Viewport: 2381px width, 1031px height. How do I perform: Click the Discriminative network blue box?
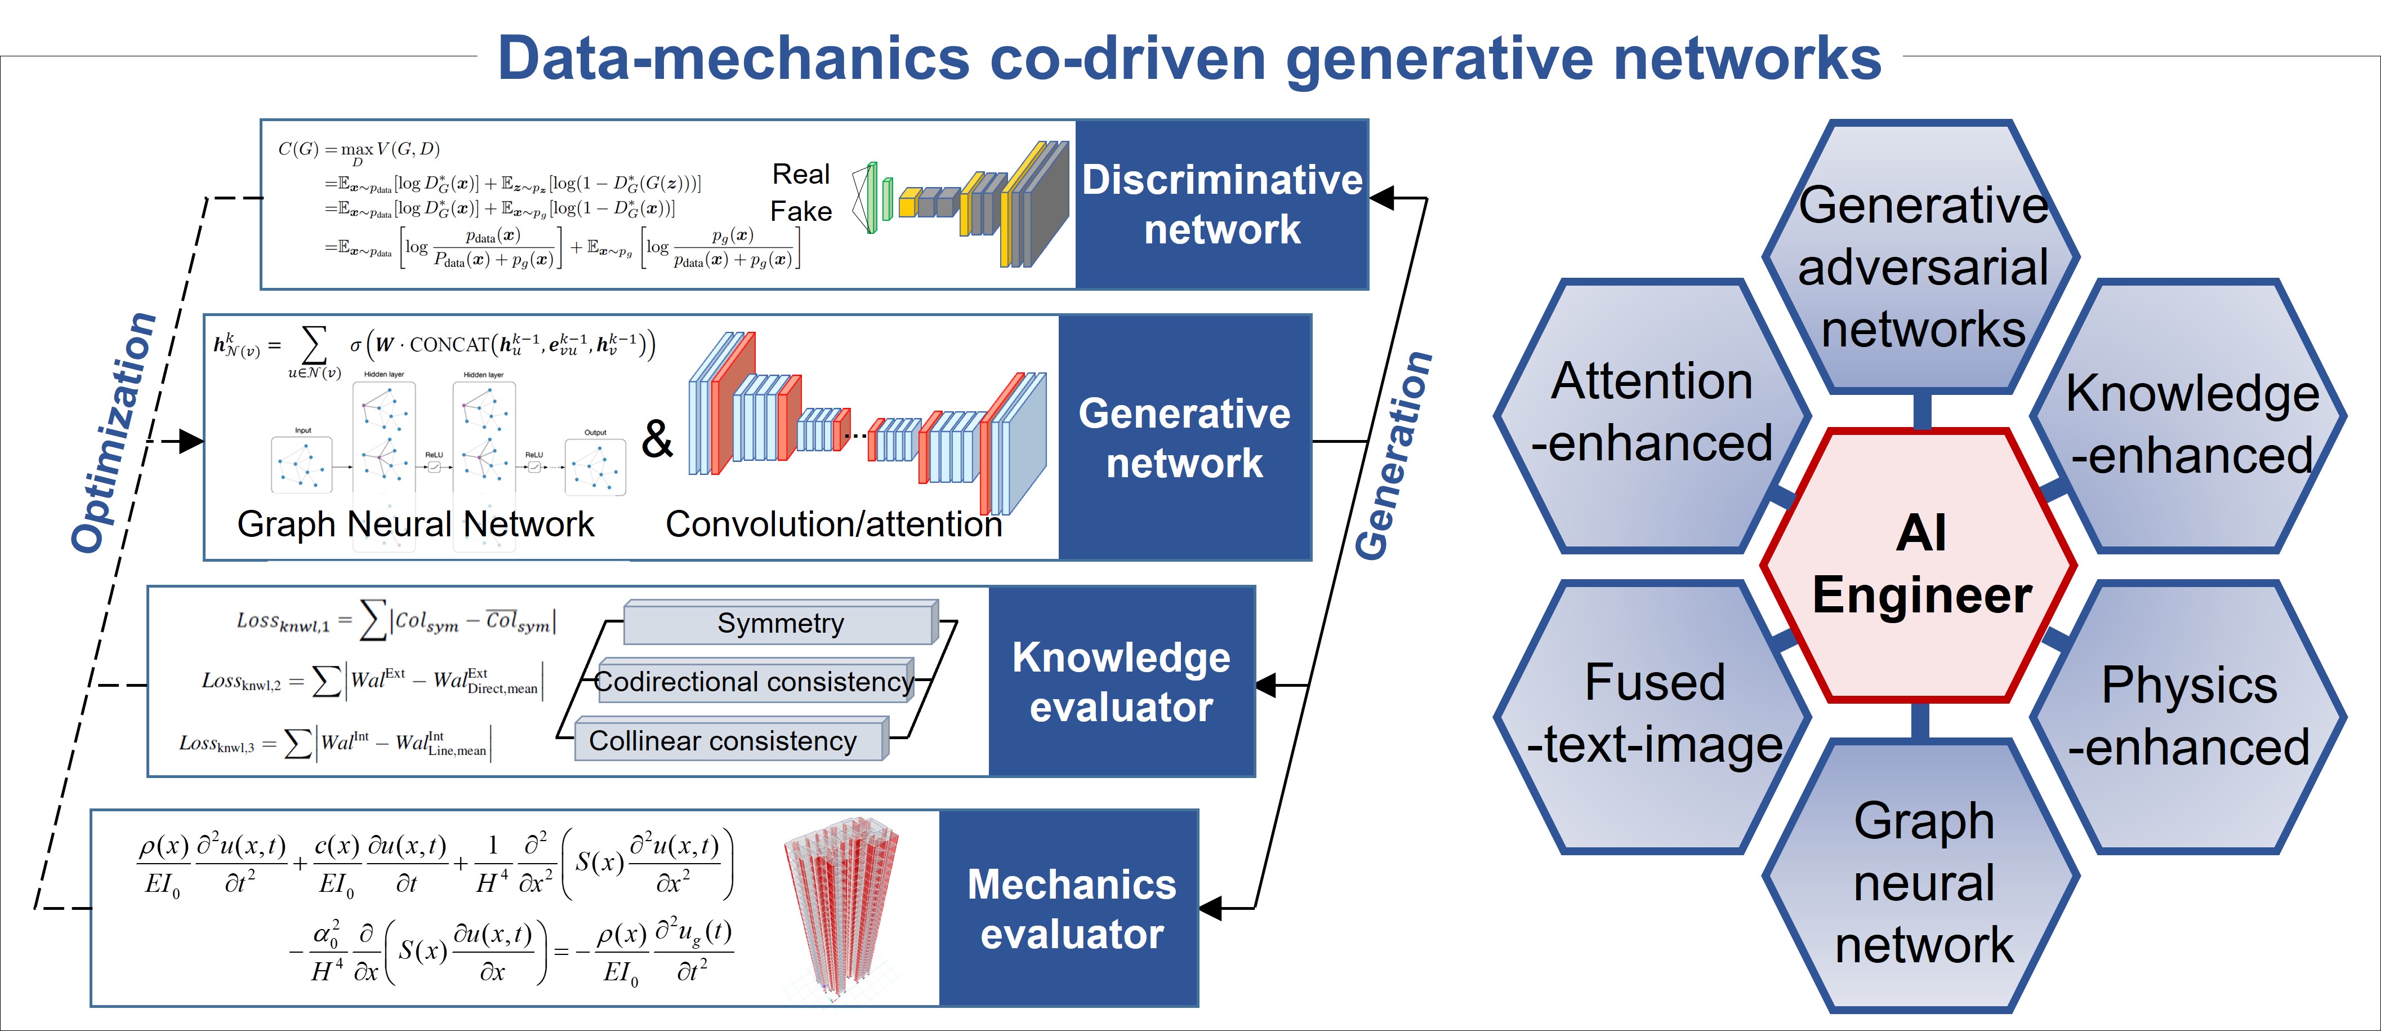(1222, 205)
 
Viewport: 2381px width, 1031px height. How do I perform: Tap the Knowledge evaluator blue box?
(1121, 682)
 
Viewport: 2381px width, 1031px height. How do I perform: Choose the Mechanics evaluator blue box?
(1071, 908)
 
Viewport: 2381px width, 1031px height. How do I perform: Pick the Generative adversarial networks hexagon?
(1923, 264)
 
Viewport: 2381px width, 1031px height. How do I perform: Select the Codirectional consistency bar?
(754, 682)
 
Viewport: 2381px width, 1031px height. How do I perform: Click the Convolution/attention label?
(833, 525)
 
